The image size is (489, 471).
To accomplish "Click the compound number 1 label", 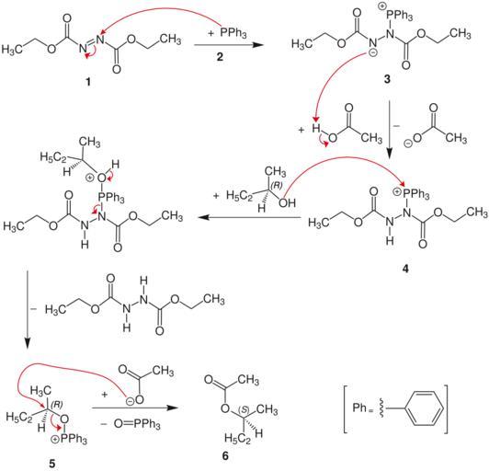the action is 88,82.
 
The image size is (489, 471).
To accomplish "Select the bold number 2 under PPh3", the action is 220,57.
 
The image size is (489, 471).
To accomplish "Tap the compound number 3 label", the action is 387,79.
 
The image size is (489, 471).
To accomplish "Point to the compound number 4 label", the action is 405,269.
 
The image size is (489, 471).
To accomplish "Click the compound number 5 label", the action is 51,464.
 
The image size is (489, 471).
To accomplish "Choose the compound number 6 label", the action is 225,456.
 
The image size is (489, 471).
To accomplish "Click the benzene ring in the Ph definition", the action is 426,408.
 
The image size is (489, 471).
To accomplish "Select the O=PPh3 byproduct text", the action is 137,424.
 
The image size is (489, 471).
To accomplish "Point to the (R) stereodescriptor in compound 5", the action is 57,404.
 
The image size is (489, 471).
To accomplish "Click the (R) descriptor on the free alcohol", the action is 277,185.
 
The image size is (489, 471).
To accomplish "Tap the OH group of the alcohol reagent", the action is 287,203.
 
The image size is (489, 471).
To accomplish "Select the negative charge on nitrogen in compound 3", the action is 374,53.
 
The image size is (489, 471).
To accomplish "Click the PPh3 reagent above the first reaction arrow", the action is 233,32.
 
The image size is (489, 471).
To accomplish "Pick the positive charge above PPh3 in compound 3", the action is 382,6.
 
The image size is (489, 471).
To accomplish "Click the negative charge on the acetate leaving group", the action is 407,144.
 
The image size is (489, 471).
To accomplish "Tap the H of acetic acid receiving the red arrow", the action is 316,128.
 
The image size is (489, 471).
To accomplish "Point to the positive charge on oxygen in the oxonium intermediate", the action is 89,178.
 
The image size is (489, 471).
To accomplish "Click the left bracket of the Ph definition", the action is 346,409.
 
